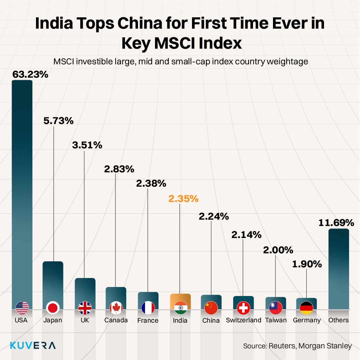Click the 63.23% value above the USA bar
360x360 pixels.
[30, 74]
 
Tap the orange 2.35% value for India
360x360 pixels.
[183, 199]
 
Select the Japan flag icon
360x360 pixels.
[53, 308]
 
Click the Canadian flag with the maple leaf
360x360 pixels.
[116, 308]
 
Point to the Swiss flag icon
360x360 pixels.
[243, 308]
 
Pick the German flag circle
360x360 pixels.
[306, 308]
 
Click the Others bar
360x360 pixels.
[338, 267]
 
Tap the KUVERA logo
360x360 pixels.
[33, 345]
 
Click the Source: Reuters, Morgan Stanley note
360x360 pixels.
[297, 346]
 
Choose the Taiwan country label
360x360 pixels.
[276, 320]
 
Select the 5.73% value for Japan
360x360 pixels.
[58, 121]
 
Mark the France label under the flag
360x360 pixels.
[148, 321]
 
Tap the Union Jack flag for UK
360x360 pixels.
[85, 308]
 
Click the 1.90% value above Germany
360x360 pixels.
[307, 264]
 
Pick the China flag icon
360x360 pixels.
[211, 308]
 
